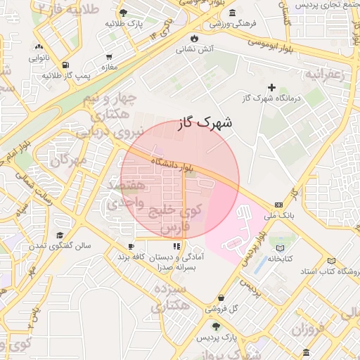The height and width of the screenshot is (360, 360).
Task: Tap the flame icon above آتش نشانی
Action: [x=195, y=37]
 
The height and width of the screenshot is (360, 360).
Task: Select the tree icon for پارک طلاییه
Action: [x=124, y=12]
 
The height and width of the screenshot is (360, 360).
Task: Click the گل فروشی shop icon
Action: [x=221, y=297]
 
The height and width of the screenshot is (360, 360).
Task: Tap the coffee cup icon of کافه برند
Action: [x=131, y=246]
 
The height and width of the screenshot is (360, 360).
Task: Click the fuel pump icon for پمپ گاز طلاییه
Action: [x=65, y=63]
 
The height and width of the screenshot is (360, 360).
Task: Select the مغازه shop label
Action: [x=109, y=67]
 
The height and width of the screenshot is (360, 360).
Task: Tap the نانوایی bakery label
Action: [x=38, y=58]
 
